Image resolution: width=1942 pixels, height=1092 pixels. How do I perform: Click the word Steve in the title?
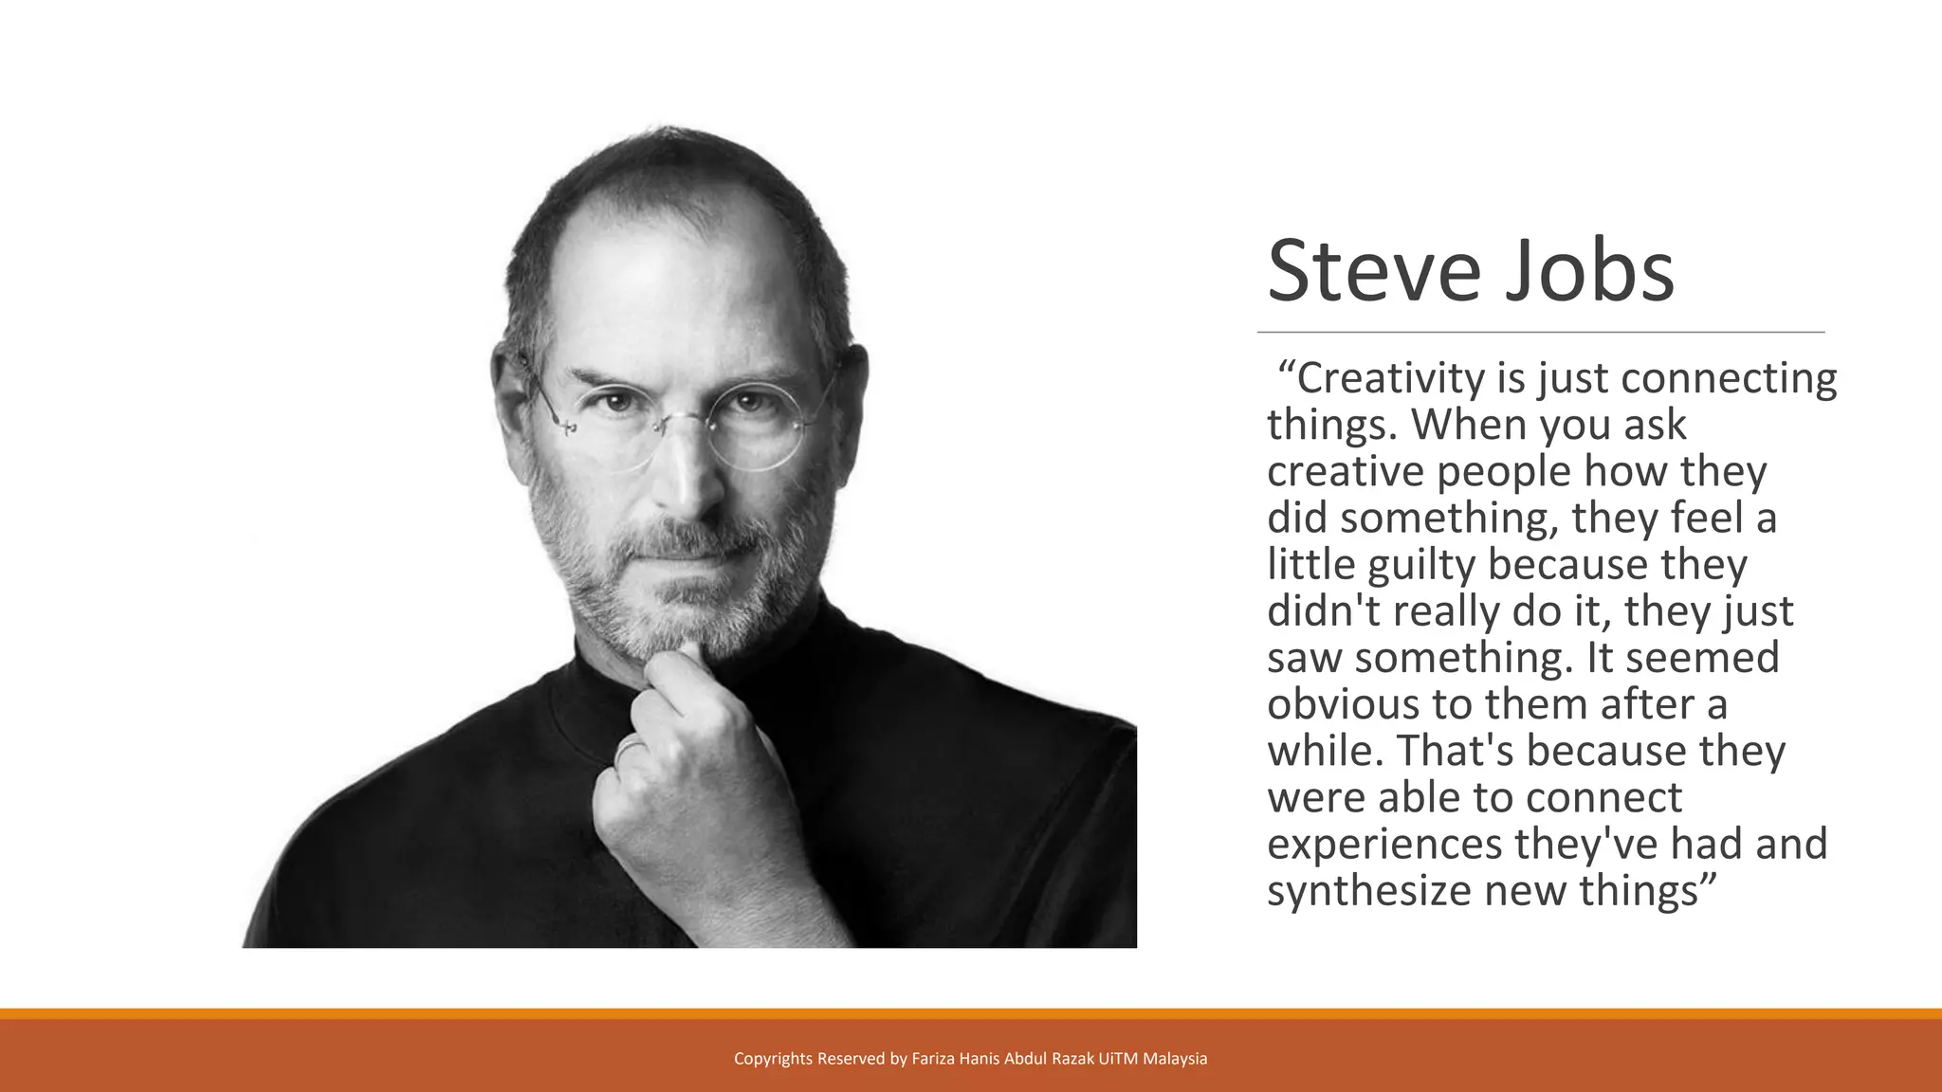1373,271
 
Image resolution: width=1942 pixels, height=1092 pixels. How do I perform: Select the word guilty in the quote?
1421,566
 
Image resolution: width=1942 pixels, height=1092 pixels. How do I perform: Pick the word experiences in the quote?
1383,845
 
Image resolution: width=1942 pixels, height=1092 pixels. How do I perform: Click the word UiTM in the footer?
1118,1059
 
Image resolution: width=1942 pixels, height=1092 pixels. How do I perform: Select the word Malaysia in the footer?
1175,1059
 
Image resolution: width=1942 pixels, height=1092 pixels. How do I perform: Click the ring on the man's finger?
628,751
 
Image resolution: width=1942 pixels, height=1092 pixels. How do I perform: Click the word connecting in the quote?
1730,378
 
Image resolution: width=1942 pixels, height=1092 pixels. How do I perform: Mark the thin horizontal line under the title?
1540,333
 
